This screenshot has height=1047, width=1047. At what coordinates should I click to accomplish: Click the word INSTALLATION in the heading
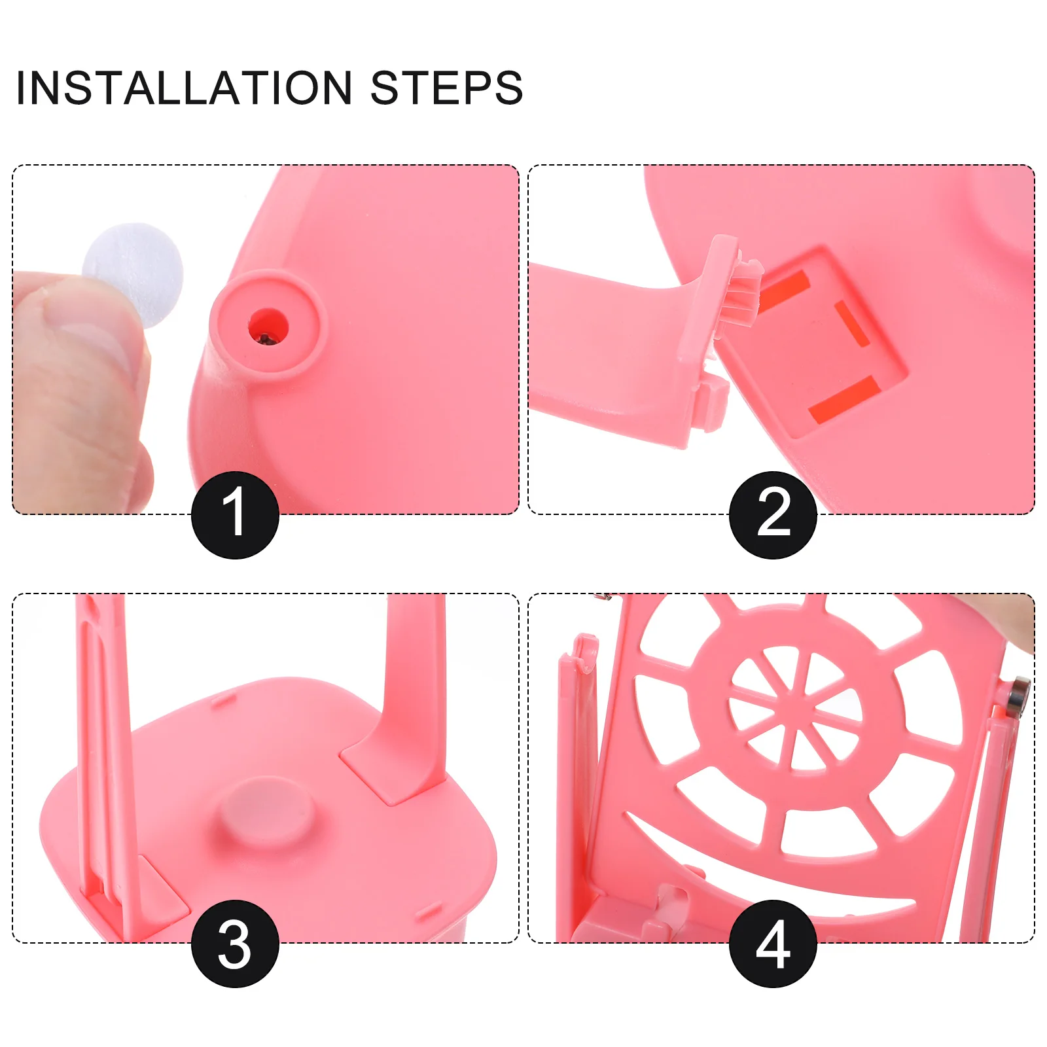pyautogui.click(x=184, y=88)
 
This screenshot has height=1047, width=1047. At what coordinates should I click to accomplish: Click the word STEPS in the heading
pyautogui.click(x=446, y=88)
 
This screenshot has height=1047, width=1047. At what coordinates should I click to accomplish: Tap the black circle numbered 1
pyautogui.click(x=235, y=514)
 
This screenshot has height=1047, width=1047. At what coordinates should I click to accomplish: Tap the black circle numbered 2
pyautogui.click(x=773, y=514)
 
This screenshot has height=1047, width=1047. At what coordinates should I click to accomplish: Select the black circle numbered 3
pyautogui.click(x=235, y=944)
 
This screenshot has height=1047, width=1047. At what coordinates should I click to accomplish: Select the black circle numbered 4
pyautogui.click(x=773, y=944)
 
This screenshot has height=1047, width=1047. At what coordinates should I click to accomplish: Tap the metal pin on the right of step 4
pyautogui.click(x=1016, y=697)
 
